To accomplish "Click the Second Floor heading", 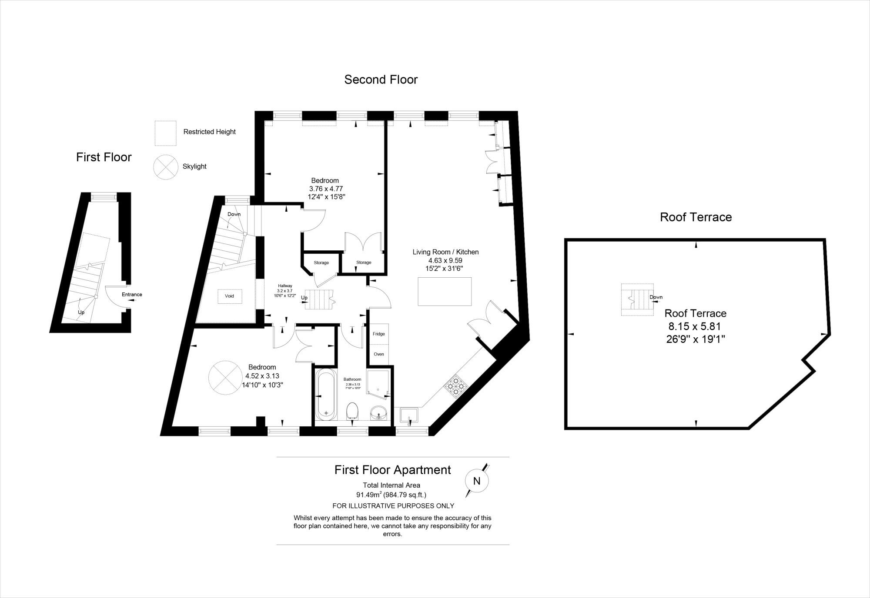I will coord(381,80).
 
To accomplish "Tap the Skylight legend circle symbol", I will coord(165,166).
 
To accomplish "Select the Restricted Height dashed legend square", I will coord(166,133).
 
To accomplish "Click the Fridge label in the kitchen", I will coord(378,334).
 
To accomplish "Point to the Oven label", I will coord(378,354).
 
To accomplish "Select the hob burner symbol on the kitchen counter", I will coord(456,385).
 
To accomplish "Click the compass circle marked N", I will coord(477,481).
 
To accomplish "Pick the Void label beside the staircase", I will coord(229,296).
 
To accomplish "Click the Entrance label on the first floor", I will coord(132,295).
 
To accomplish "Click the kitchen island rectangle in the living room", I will coord(445,291).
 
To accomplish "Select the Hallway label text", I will coord(285,286).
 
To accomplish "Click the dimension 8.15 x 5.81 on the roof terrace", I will coord(695,326).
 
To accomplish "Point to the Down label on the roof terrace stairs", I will coord(656,297).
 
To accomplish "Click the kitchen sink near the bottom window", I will coord(409,415).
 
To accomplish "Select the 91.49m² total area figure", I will coord(369,495).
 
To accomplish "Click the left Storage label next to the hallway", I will coord(321,262).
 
